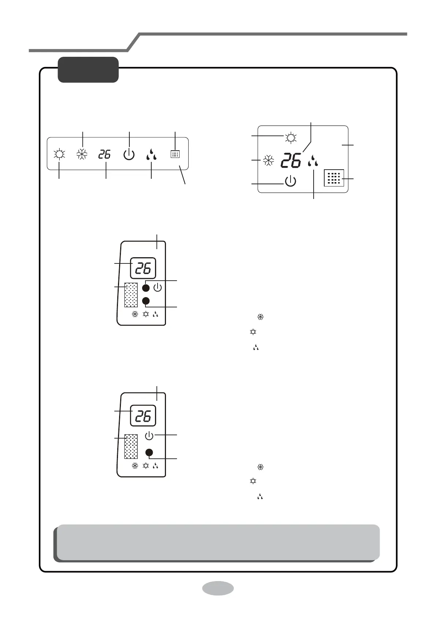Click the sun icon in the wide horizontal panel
pyautogui.click(x=59, y=154)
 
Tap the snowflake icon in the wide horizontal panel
pyautogui.click(x=82, y=154)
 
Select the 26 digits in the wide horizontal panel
pyautogui.click(x=105, y=154)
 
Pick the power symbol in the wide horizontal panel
pyautogui.click(x=129, y=155)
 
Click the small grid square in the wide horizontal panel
pyautogui.click(x=175, y=154)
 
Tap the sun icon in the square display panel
pyautogui.click(x=291, y=138)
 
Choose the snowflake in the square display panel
pyautogui.click(x=269, y=161)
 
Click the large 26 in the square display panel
pyautogui.click(x=291, y=161)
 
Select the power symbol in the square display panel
pyautogui.click(x=290, y=181)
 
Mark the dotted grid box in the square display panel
pyautogui.click(x=334, y=178)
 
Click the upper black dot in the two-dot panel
pyautogui.click(x=146, y=288)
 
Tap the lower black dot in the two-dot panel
pyautogui.click(x=146, y=301)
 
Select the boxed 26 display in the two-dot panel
pyautogui.click(x=143, y=269)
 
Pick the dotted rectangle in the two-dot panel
pyautogui.click(x=131, y=295)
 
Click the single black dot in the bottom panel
pyautogui.click(x=149, y=452)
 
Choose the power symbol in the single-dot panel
pyautogui.click(x=149, y=436)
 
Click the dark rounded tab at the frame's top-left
pyautogui.click(x=88, y=70)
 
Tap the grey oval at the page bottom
pyautogui.click(x=218, y=588)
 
